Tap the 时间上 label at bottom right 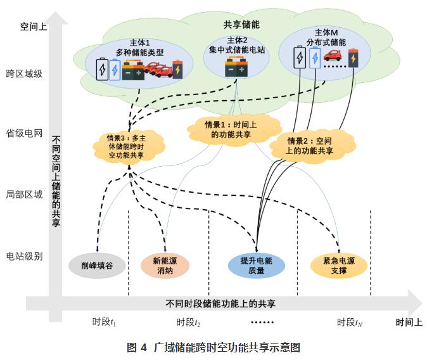[409, 322]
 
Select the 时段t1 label [105, 322]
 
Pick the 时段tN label [350, 322]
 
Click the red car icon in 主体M [333, 56]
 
